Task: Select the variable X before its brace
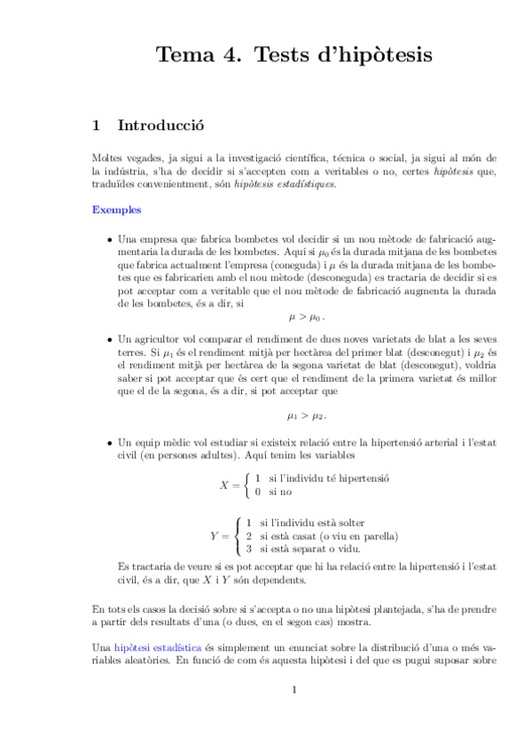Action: point(224,484)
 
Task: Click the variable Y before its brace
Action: point(215,536)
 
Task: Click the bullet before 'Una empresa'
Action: point(108,240)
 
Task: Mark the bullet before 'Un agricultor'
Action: point(108,339)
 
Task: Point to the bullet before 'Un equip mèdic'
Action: point(108,441)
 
